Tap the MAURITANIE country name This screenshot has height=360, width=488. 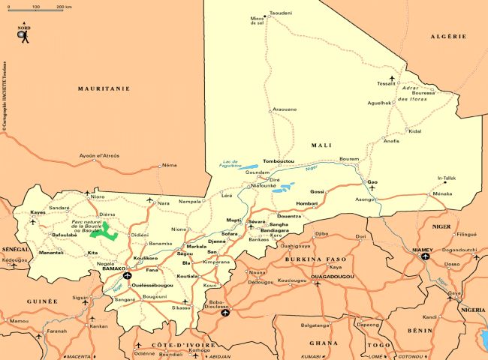[x=104, y=88]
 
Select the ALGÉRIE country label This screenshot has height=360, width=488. [x=449, y=36]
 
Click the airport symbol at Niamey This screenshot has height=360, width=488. [x=426, y=256]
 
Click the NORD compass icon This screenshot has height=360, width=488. [x=24, y=33]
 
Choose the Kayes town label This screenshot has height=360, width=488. [x=38, y=212]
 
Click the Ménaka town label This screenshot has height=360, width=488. [x=443, y=193]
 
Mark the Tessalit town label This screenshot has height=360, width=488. [x=386, y=83]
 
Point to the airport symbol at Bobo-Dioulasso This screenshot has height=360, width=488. [x=225, y=313]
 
